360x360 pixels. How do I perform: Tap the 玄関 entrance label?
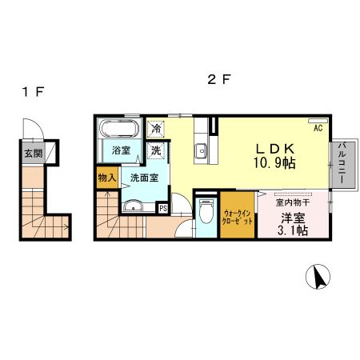[33, 153]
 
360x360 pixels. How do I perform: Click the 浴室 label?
[121, 150]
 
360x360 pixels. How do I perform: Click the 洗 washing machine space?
[157, 150]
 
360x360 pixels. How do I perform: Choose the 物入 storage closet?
[107, 178]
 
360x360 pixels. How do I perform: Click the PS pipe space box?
[163, 209]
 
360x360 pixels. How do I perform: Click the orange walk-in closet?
[238, 215]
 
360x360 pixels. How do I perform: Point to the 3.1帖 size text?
[292, 231]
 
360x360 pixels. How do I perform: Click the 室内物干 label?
[293, 203]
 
